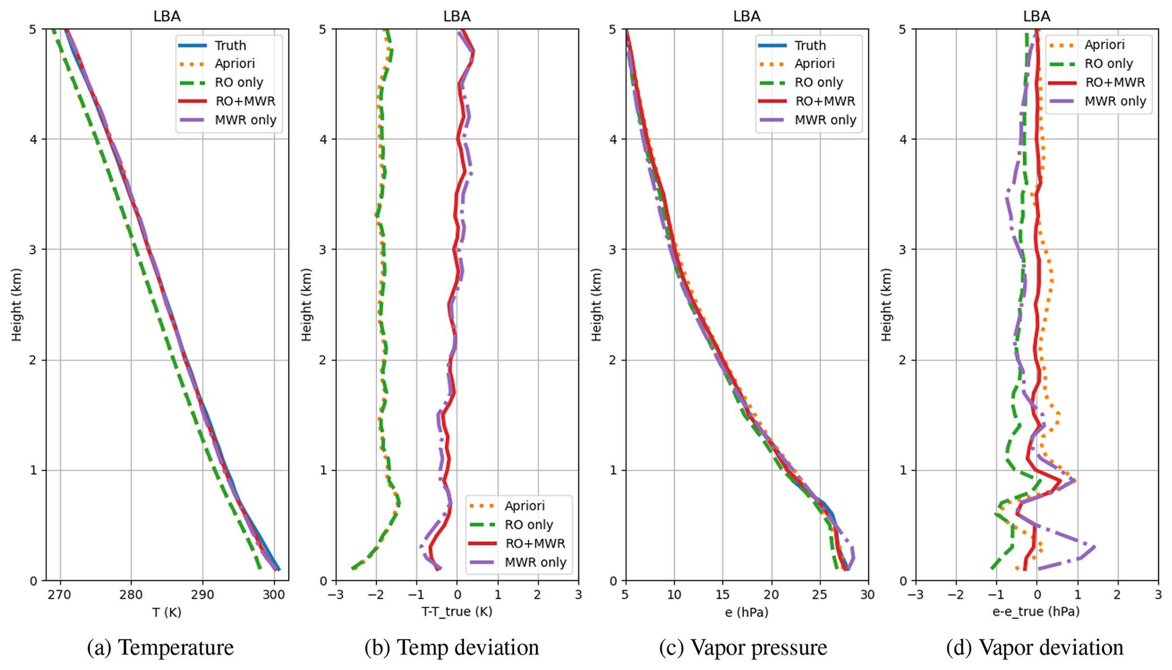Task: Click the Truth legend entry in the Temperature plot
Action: pyautogui.click(x=230, y=45)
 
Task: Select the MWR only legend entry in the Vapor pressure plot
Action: pyautogui.click(x=825, y=120)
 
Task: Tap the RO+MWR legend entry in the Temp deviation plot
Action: pyautogui.click(x=535, y=543)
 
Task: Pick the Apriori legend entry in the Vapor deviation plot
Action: pyautogui.click(x=1104, y=45)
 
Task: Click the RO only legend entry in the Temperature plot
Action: pyautogui.click(x=239, y=82)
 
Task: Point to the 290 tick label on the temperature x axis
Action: pyautogui.click(x=202, y=595)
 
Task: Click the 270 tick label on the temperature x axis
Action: pyautogui.click(x=60, y=595)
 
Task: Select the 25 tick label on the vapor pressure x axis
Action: pyautogui.click(x=819, y=595)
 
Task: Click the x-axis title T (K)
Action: pyautogui.click(x=167, y=612)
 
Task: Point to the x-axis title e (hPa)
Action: pyautogui.click(x=746, y=612)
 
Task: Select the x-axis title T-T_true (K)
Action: pyautogui.click(x=456, y=612)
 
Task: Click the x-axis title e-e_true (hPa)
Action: pyautogui.click(x=1036, y=612)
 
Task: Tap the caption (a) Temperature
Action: pyautogui.click(x=160, y=647)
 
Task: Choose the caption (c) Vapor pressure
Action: pyautogui.click(x=743, y=647)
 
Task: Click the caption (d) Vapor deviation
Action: pyautogui.click(x=1034, y=647)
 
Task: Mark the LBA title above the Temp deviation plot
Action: pyautogui.click(x=456, y=16)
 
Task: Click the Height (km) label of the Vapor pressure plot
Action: pyautogui.click(x=596, y=305)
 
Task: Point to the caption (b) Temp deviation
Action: pyautogui.click(x=451, y=647)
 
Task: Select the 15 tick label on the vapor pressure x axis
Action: pyautogui.click(x=722, y=595)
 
